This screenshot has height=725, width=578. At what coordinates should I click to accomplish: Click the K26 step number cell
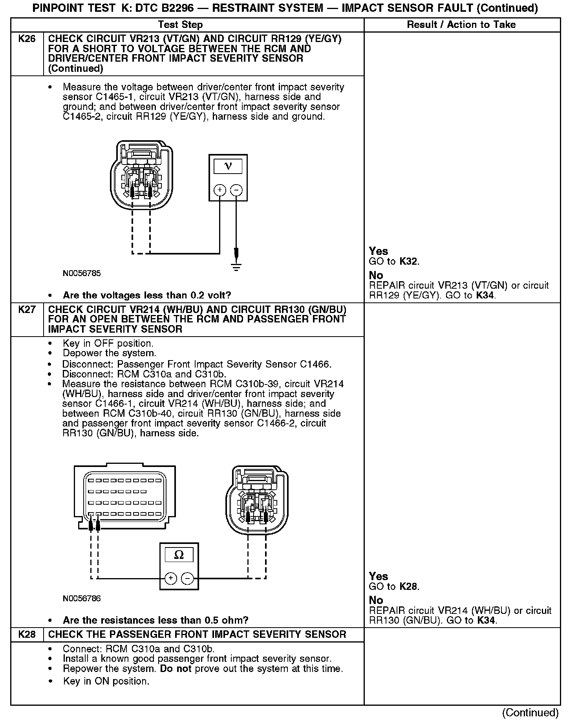27,39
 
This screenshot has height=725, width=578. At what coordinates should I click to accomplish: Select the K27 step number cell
27,309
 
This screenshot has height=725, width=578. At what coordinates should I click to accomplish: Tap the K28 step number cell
27,634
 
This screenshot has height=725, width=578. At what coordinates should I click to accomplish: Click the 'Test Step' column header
180,25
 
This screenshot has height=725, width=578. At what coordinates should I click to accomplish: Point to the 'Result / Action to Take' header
461,25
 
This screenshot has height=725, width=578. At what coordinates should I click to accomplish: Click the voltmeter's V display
228,166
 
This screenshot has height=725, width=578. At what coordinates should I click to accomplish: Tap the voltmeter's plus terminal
219,190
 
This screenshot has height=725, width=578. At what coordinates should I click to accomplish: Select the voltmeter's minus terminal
236,190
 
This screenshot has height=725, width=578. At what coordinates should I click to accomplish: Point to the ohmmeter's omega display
179,555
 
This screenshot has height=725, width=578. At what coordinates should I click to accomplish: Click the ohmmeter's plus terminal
170,578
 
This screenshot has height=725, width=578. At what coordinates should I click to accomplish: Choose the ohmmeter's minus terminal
187,578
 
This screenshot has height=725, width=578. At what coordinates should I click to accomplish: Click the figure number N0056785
82,273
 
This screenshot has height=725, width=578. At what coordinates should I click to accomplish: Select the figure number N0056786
82,599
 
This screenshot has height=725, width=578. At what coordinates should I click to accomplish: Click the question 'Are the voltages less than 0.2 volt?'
147,295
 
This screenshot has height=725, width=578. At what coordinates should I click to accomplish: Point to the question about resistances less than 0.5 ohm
155,621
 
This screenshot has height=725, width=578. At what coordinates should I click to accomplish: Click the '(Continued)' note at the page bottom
530,712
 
